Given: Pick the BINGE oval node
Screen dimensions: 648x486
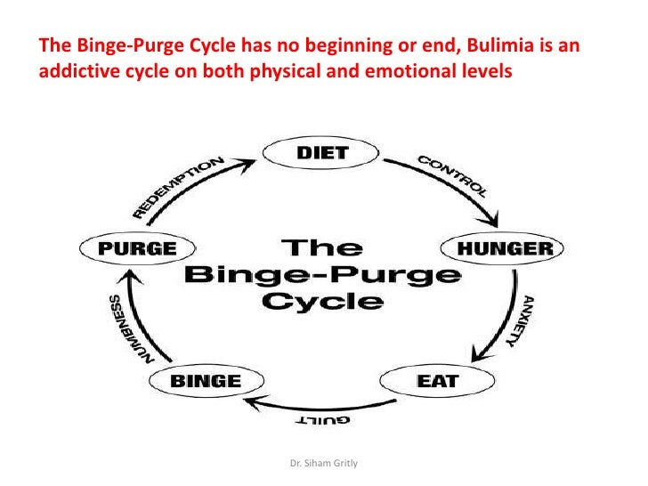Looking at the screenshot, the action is (x=207, y=381).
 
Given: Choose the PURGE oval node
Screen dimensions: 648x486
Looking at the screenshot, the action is (x=136, y=249).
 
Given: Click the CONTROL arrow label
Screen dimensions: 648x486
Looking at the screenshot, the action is (x=452, y=174).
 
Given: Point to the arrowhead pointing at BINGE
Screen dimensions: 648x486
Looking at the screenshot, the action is (x=253, y=404).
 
